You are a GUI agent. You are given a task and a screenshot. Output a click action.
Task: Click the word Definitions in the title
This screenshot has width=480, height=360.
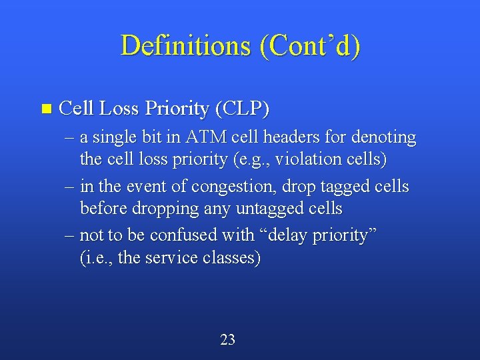click(x=183, y=45)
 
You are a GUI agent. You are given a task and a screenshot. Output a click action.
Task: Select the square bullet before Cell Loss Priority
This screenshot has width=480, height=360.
click(x=45, y=108)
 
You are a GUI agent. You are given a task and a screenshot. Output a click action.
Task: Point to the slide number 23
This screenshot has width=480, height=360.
click(x=227, y=339)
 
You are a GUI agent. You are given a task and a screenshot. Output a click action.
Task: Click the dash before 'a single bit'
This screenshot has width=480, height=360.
click(x=71, y=138)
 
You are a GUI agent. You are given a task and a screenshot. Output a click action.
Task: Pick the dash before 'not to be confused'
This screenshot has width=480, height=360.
click(x=71, y=235)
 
